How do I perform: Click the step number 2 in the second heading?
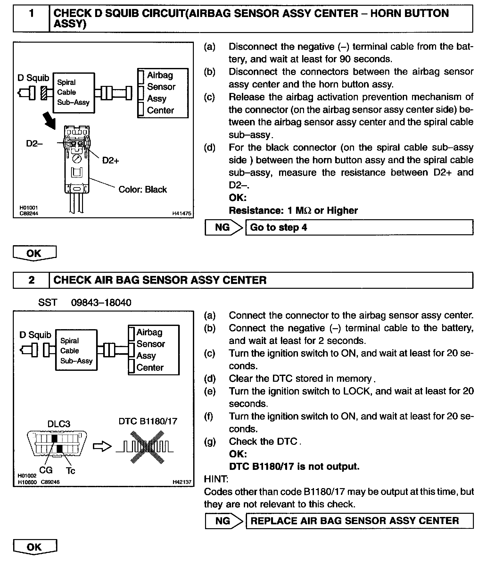tap(31, 280)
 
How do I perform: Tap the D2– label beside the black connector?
tap(34, 143)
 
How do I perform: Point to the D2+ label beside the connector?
tap(110, 160)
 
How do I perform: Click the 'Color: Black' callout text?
tap(143, 189)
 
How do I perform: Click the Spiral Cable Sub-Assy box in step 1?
tap(73, 93)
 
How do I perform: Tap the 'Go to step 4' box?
tap(359, 228)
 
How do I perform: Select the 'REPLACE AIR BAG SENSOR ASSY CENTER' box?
tap(359, 521)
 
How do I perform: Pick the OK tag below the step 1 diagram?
tap(34, 253)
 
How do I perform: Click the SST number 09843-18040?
tap(101, 303)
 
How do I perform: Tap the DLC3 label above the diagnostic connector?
tap(59, 424)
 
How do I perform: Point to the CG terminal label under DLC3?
tap(46, 470)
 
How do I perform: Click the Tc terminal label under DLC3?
tap(70, 470)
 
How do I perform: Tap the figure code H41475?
tap(182, 213)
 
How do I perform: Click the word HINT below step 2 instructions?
tap(216, 479)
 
